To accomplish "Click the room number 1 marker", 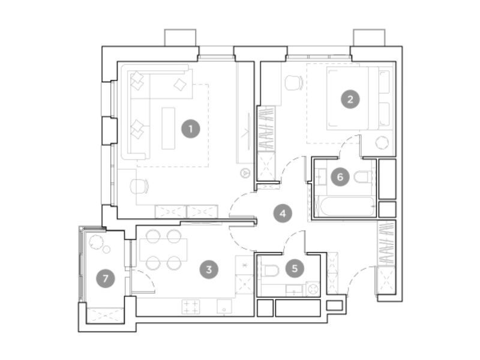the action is click(x=191, y=129).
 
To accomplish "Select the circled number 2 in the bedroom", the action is click(x=350, y=99).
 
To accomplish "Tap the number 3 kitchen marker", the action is click(x=209, y=269).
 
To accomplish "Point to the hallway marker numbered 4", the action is click(x=283, y=214).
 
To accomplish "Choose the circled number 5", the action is click(x=295, y=268).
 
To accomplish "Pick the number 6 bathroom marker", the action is click(x=340, y=177).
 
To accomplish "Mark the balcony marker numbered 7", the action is click(x=106, y=278).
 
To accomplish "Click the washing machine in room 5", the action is click(x=313, y=289).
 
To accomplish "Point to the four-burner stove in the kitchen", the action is click(x=191, y=307).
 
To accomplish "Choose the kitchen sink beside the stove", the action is click(x=224, y=307).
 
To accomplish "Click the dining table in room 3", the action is click(x=163, y=250).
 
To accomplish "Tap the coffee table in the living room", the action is click(x=169, y=128).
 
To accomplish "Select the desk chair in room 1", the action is click(x=139, y=186).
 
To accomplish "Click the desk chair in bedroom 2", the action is click(x=293, y=82).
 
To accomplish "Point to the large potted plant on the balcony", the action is click(x=97, y=242).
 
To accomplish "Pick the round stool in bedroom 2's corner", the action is click(x=382, y=143).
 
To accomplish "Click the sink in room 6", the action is click(x=321, y=177).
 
